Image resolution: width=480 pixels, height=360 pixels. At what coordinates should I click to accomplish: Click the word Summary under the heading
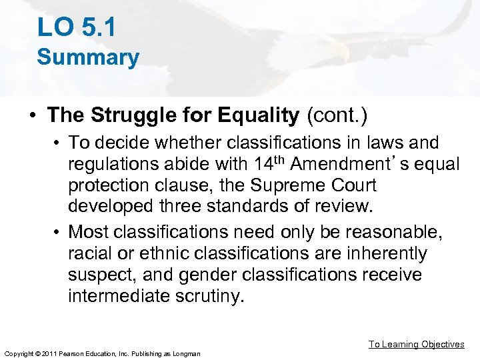(x=88, y=57)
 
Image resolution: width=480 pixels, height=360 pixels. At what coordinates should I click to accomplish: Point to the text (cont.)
(x=337, y=115)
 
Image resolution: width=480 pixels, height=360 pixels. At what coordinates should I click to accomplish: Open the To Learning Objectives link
(x=417, y=344)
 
